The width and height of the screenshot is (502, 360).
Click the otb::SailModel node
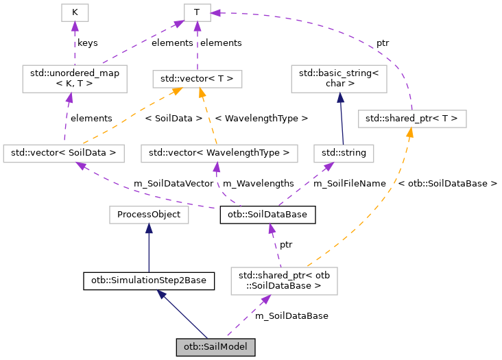click(x=215, y=347)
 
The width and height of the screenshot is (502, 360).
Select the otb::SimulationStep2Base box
click(x=149, y=280)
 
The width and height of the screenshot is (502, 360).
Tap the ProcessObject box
click(x=149, y=215)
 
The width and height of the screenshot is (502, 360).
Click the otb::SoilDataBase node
click(x=267, y=215)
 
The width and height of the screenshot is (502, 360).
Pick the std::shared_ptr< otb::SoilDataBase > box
click(x=284, y=280)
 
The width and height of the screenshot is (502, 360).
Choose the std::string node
click(x=343, y=153)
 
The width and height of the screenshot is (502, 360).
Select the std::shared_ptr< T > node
click(x=411, y=119)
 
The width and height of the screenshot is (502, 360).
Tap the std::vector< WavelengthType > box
click(x=219, y=153)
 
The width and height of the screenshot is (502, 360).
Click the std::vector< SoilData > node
click(x=64, y=153)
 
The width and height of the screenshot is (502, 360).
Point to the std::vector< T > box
click(x=197, y=79)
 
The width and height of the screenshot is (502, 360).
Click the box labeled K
click(x=75, y=12)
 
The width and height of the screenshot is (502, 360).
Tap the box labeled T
click(x=197, y=12)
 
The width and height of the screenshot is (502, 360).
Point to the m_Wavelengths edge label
click(x=258, y=183)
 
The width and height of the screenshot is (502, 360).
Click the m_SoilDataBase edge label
click(x=291, y=315)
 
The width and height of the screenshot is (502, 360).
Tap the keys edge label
click(x=87, y=43)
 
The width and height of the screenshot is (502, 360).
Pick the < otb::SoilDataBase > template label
click(x=447, y=183)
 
